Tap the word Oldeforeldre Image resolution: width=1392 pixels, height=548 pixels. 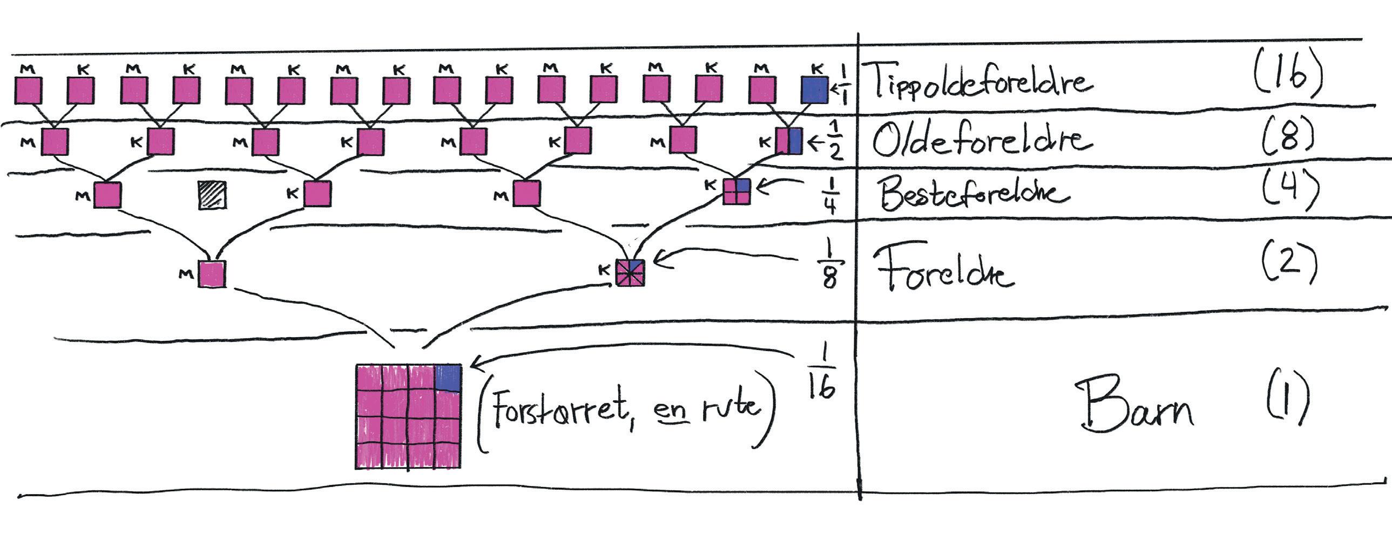[981, 139]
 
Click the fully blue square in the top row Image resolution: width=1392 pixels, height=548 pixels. [815, 90]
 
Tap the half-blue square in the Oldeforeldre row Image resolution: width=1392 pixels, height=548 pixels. [789, 141]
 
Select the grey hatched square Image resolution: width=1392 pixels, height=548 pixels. [212, 195]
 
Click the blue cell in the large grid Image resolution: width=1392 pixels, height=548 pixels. [448, 378]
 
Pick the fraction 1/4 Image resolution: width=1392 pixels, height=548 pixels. [830, 195]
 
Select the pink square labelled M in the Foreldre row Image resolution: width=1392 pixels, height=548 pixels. [212, 273]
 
